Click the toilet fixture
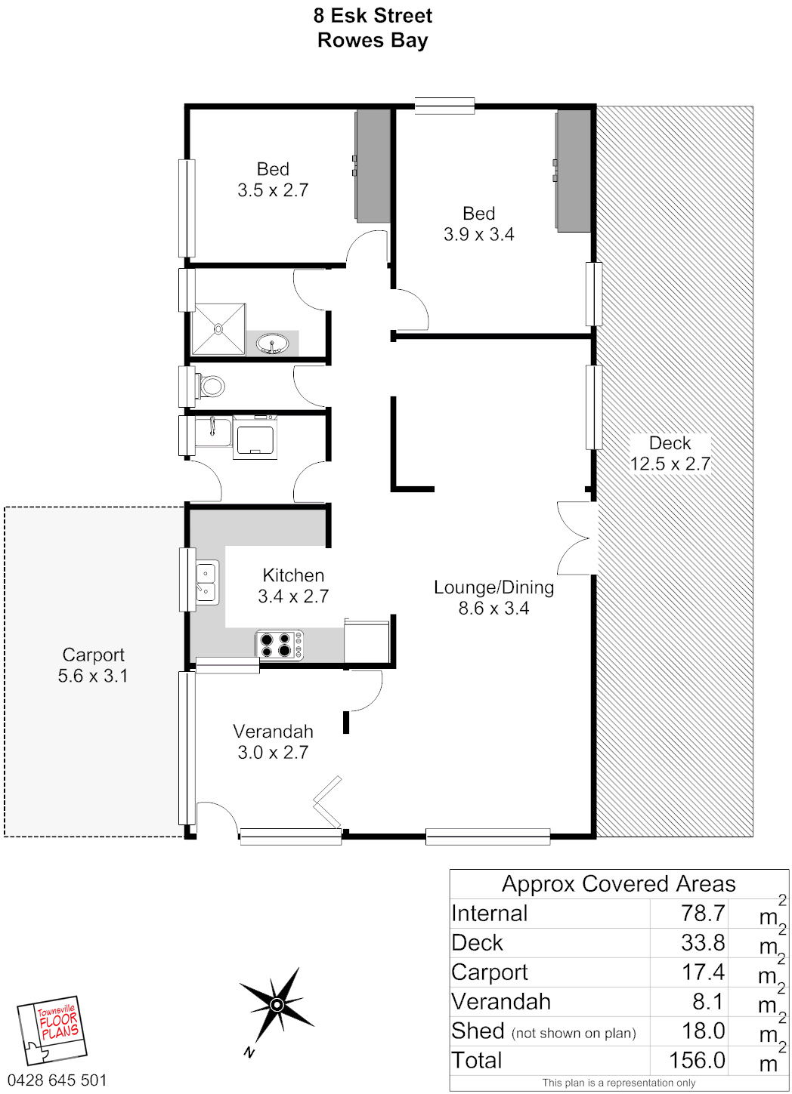tap(210, 386)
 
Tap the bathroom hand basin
tap(272, 344)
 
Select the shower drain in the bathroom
tap(218, 329)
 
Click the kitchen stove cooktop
tap(279, 645)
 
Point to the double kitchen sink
tap(207, 582)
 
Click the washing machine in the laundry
tap(255, 437)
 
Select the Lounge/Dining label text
tap(493, 587)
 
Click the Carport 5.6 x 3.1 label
tap(93, 665)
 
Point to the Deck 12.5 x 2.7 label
tap(670, 453)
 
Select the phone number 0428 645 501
tap(57, 1080)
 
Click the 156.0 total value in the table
tap(697, 1060)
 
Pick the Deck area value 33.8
tap(703, 942)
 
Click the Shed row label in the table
tap(478, 1031)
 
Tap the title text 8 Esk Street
tap(373, 16)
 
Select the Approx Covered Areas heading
tap(618, 884)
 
